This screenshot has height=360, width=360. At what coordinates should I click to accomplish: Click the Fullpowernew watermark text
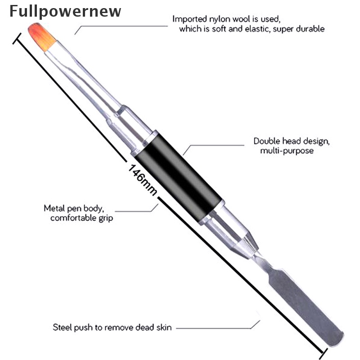click(65, 11)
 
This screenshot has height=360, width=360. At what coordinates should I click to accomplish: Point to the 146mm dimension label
click(143, 180)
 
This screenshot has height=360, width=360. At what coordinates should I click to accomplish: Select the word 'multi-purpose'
click(287, 151)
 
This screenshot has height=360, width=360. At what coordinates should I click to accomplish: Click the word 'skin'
click(163, 327)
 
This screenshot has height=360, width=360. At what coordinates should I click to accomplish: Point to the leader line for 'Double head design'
click(216, 145)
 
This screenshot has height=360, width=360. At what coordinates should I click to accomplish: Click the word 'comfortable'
click(72, 218)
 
